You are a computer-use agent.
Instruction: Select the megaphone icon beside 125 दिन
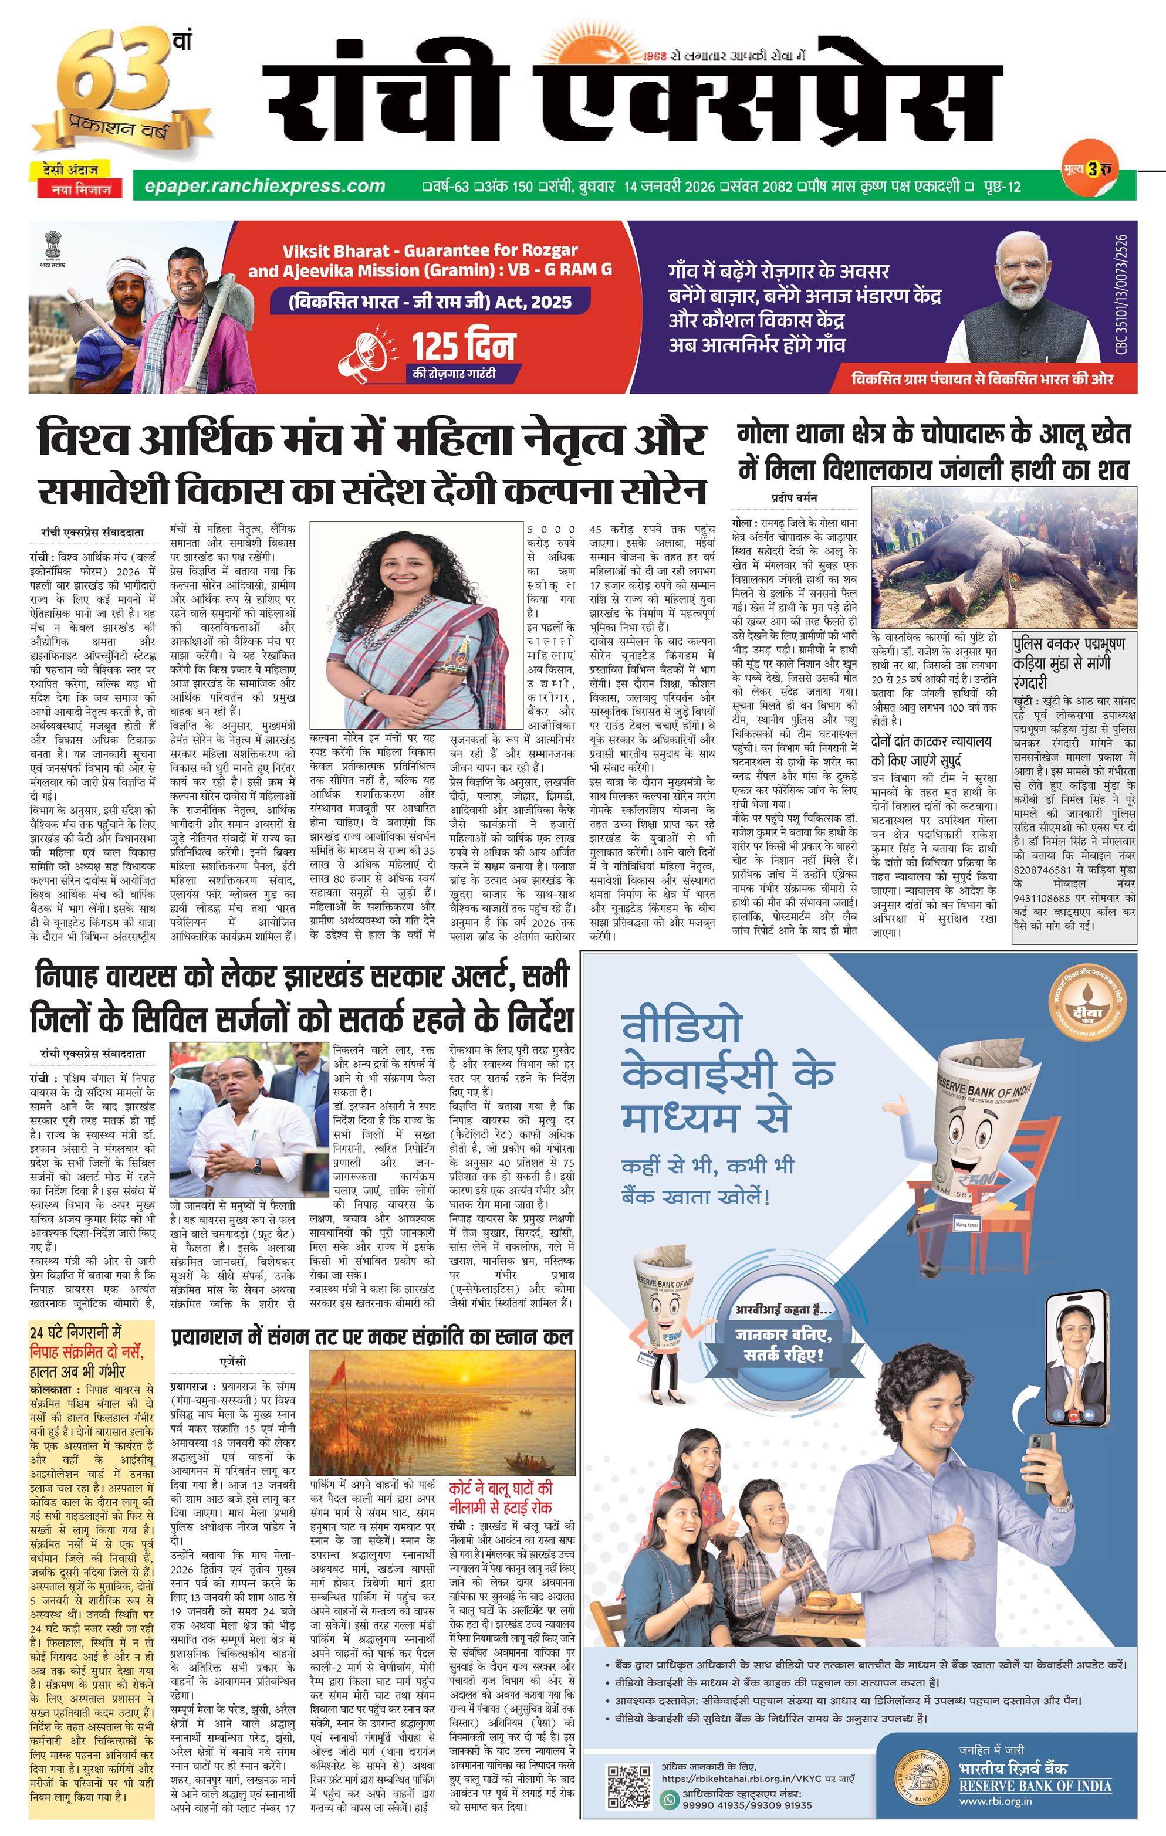(371, 354)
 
